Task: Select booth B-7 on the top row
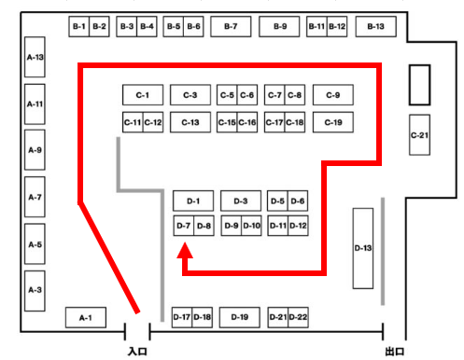(x=231, y=27)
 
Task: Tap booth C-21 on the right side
(x=419, y=134)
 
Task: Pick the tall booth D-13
(x=363, y=247)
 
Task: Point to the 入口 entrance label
(x=136, y=352)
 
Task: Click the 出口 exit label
(x=395, y=352)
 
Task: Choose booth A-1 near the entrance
(x=85, y=317)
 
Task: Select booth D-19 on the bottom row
(x=240, y=317)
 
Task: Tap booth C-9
(x=333, y=95)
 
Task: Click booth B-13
(x=375, y=27)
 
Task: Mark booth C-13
(x=190, y=122)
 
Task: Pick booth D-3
(x=240, y=201)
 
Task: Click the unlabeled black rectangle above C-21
(x=419, y=84)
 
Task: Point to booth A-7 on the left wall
(x=35, y=198)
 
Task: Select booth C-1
(x=143, y=95)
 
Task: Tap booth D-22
(x=298, y=317)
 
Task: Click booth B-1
(x=78, y=27)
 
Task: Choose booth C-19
(x=333, y=122)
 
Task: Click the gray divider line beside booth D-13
(x=383, y=252)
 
